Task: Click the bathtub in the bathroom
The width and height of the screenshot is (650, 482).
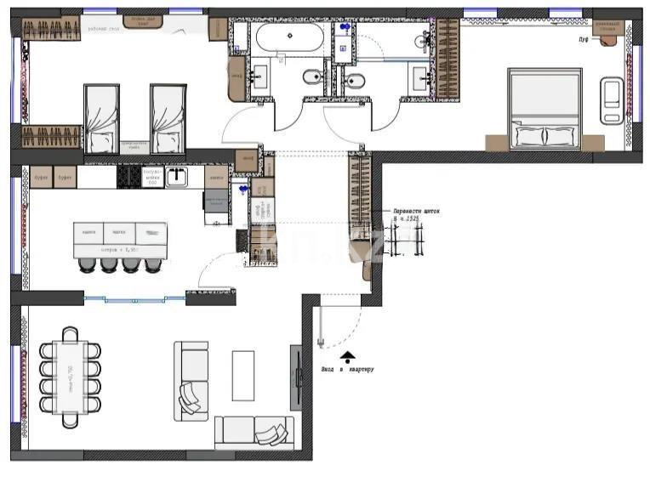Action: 289,37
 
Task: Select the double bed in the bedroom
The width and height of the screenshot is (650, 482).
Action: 545,108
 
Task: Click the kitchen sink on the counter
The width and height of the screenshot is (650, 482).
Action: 177,177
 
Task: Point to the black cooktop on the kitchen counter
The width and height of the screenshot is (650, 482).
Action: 128,176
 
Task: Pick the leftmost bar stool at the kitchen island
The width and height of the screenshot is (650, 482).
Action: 87,264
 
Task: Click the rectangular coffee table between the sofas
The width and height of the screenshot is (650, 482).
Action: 244,375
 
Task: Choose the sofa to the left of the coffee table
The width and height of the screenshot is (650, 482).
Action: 191,380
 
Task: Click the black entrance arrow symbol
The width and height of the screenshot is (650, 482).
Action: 347,356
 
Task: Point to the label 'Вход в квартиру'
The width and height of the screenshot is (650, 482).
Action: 347,369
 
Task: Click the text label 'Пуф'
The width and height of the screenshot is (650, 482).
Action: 584,39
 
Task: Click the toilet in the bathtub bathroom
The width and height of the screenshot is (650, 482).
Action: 311,79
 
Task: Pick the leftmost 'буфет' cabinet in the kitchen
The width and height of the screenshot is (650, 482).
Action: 41,177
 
